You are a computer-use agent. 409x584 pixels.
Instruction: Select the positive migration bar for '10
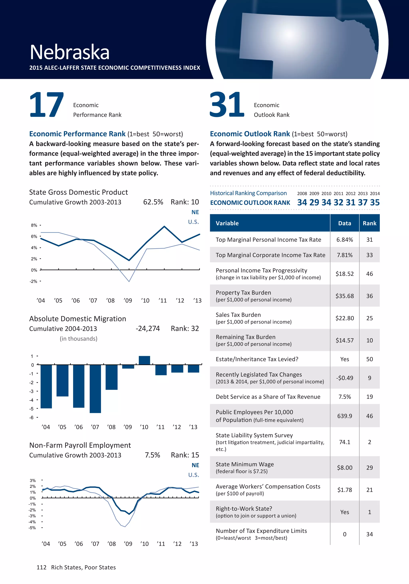(x=144, y=360)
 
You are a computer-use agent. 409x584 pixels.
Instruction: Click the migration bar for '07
(x=95, y=388)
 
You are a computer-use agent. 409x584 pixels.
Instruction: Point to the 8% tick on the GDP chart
(x=34, y=225)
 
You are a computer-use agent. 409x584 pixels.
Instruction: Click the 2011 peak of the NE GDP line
(x=164, y=226)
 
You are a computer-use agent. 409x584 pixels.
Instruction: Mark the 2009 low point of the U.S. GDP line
(x=129, y=281)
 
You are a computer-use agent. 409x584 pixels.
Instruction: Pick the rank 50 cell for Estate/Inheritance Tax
(x=369, y=359)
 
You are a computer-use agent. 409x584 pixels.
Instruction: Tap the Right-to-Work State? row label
(x=244, y=509)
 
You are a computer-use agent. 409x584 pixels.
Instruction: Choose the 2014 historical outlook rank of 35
(x=375, y=202)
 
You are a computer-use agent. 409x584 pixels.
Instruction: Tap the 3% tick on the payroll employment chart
(x=33, y=480)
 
